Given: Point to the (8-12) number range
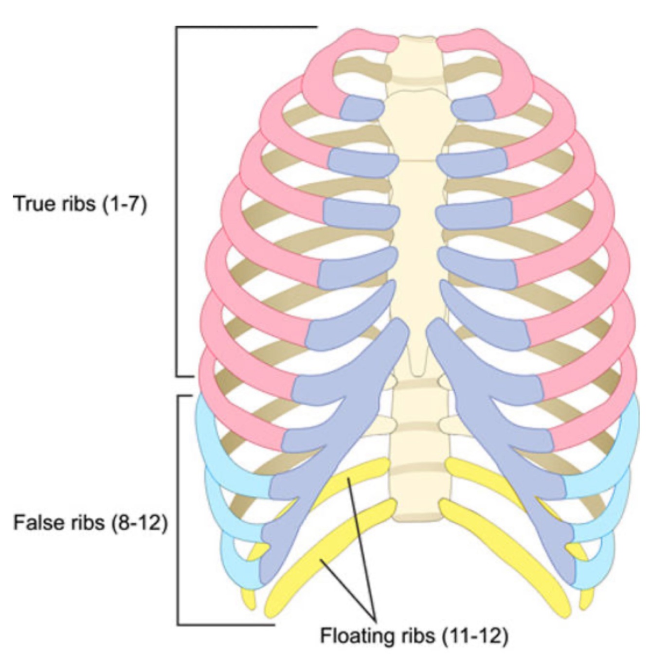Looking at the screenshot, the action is pos(140,523).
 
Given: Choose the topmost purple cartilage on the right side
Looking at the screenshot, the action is pos(473,108).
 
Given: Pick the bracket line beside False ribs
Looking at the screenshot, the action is pos(178,511).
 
